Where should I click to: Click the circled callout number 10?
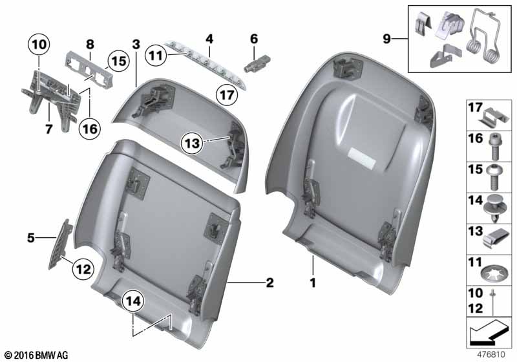point(39,45)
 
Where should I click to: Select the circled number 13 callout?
point(192,143)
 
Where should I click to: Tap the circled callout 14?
point(133,301)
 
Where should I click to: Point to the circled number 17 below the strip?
point(227,95)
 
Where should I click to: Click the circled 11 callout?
point(156,56)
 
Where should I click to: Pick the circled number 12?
point(83,270)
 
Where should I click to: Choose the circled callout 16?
point(90,129)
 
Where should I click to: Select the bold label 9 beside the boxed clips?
point(386,39)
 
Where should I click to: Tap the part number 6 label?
point(254,39)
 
